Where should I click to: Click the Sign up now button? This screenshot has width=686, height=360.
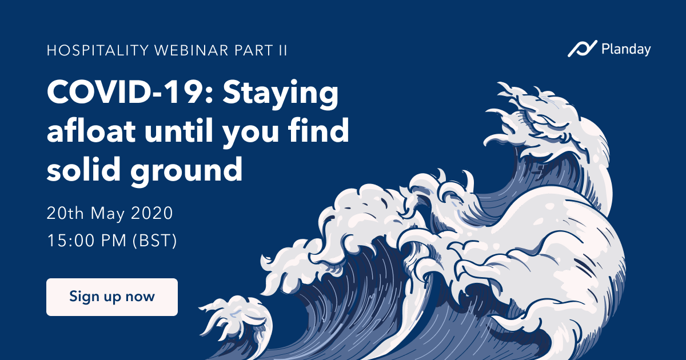pos(112,297)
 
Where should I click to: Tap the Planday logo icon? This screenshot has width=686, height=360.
pos(582,49)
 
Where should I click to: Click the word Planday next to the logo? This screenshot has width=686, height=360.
pos(626,49)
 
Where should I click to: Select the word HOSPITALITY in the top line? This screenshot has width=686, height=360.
pos(98,50)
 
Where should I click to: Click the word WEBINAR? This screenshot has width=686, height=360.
pos(192,50)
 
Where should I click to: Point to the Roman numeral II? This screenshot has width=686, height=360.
pos(284,50)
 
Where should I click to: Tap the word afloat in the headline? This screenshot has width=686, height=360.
pos(91,130)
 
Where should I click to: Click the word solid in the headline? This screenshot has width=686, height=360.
pos(83,169)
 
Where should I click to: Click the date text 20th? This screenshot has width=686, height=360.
pos(65,213)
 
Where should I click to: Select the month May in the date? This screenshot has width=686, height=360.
pos(107,214)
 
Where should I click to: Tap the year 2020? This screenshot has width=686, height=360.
pos(152,213)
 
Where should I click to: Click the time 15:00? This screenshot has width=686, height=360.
pos(71,241)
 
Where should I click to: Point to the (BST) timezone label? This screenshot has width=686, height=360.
pos(155,241)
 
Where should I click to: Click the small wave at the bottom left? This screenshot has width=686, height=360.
pos(236,325)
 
